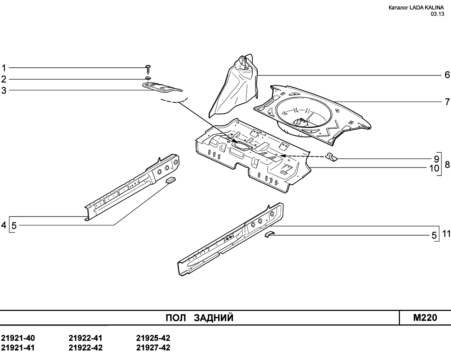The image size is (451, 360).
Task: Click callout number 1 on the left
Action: click(4, 68)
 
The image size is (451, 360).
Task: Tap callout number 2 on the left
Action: click(4, 79)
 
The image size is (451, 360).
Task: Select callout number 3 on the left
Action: click(4, 91)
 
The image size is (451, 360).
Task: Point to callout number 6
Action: click(447, 75)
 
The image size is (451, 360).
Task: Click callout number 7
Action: click(447, 102)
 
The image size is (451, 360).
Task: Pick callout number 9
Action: click(436, 159)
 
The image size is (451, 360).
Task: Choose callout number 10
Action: click(434, 168)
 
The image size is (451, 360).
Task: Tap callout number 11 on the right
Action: click(446, 234)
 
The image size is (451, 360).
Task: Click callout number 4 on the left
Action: click(4, 225)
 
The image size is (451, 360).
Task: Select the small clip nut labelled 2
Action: click(148, 78)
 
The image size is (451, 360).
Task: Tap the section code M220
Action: click(425, 318)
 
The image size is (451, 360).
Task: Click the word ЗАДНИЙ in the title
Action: click(214, 318)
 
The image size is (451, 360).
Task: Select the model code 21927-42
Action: click(153, 348)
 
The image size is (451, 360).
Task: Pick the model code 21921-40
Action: click(18, 338)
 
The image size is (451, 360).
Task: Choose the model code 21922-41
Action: click(86, 338)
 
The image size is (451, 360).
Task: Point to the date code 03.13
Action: click(437, 14)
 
